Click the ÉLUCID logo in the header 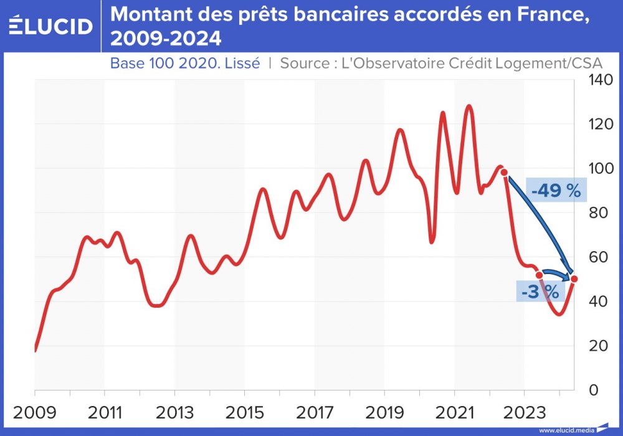point(50,26)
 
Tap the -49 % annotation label point(556,191)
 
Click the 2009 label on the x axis point(35,413)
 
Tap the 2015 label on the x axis point(244,413)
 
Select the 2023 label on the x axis point(524,413)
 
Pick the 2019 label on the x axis point(384,413)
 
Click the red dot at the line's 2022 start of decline point(505,173)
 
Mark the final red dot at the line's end point(574,278)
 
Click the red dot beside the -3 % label point(540,275)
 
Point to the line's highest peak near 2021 point(468,106)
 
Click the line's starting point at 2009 point(36,351)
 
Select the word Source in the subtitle point(305,63)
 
